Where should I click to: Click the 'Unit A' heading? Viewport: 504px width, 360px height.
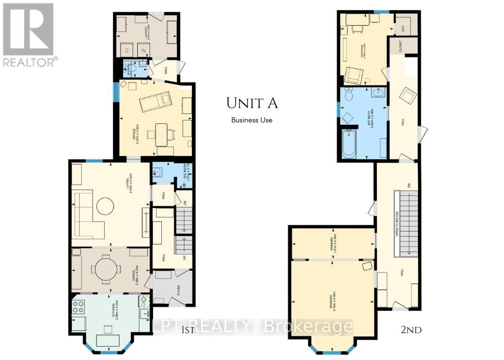252,103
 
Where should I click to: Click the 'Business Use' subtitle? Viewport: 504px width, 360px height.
252,120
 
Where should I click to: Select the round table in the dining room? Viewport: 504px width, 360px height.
105,269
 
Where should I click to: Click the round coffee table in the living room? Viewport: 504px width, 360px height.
106,206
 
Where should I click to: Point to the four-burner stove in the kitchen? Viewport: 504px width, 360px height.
79,307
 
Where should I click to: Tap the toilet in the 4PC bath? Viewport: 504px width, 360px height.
349,95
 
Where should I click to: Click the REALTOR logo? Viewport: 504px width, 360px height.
29,34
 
